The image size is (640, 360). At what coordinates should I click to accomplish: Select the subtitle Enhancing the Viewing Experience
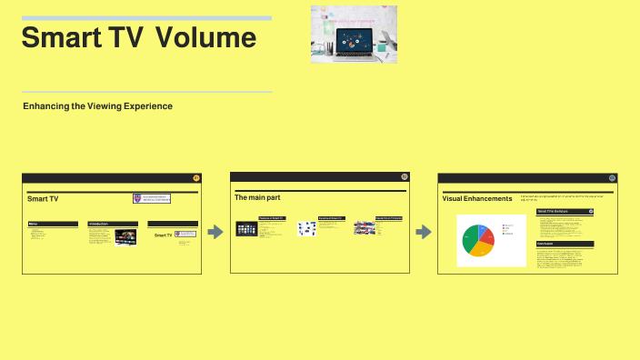pyautogui.click(x=97, y=106)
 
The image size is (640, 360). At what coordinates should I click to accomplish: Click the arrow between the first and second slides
pyautogui.click(x=215, y=232)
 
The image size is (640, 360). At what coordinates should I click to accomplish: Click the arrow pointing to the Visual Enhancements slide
pyautogui.click(x=424, y=232)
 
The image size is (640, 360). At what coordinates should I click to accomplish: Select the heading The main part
pyautogui.click(x=257, y=197)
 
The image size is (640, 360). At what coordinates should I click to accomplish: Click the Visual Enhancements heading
pyautogui.click(x=477, y=198)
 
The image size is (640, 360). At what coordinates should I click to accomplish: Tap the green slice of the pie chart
pyautogui.click(x=469, y=240)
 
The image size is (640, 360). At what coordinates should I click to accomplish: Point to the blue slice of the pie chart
pyautogui.click(x=485, y=228)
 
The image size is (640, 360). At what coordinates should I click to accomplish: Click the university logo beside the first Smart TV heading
pyautogui.click(x=152, y=198)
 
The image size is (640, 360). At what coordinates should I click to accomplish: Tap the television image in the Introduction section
pyautogui.click(x=125, y=237)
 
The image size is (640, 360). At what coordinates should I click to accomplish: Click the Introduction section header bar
pyautogui.click(x=113, y=223)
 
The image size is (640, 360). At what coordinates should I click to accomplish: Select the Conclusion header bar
pyautogui.click(x=565, y=244)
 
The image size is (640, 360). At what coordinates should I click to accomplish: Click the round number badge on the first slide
pyautogui.click(x=197, y=178)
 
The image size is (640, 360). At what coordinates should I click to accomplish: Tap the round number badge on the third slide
pyautogui.click(x=612, y=178)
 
